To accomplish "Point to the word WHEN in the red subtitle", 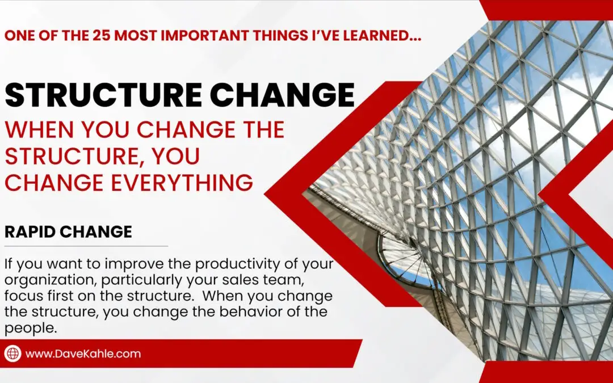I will pos(41,130).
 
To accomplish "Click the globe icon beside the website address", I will pos(12,353).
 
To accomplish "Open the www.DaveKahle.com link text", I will pos(83,353).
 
